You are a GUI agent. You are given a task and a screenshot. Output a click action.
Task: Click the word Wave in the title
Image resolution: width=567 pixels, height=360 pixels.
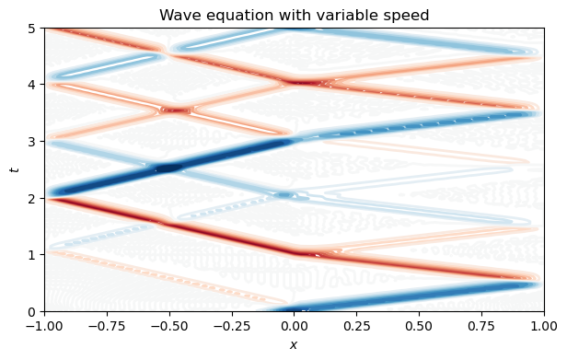pyautogui.click(x=178, y=15)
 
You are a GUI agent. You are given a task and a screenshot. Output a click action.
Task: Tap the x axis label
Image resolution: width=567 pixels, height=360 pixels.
pyautogui.click(x=294, y=344)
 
